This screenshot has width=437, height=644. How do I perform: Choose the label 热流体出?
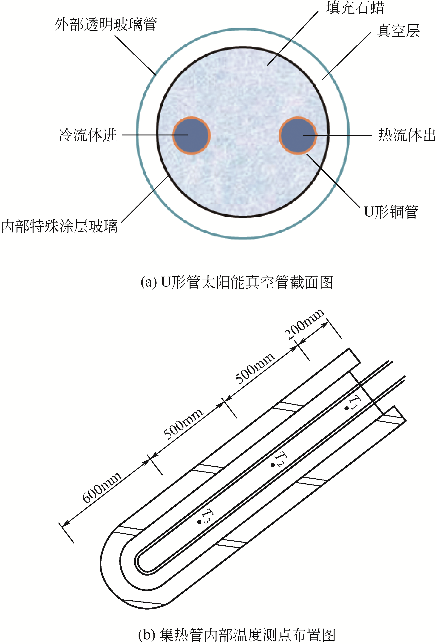[x=407, y=135]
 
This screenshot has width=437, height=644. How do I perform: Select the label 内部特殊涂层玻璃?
[x=59, y=226]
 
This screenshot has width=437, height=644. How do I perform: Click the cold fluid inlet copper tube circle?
[x=191, y=135]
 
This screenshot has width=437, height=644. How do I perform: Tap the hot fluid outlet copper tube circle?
[x=298, y=135]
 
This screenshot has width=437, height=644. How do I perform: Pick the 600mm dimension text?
[x=102, y=487]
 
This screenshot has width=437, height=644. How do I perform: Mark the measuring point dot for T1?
[x=347, y=408]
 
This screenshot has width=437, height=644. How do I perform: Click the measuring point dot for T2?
[x=273, y=465]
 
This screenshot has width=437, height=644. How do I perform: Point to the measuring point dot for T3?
[x=199, y=522]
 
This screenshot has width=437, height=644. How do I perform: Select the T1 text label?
[x=355, y=402]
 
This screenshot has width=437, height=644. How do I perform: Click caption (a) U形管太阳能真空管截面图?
[x=237, y=282]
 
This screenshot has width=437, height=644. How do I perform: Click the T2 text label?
[x=281, y=459]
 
